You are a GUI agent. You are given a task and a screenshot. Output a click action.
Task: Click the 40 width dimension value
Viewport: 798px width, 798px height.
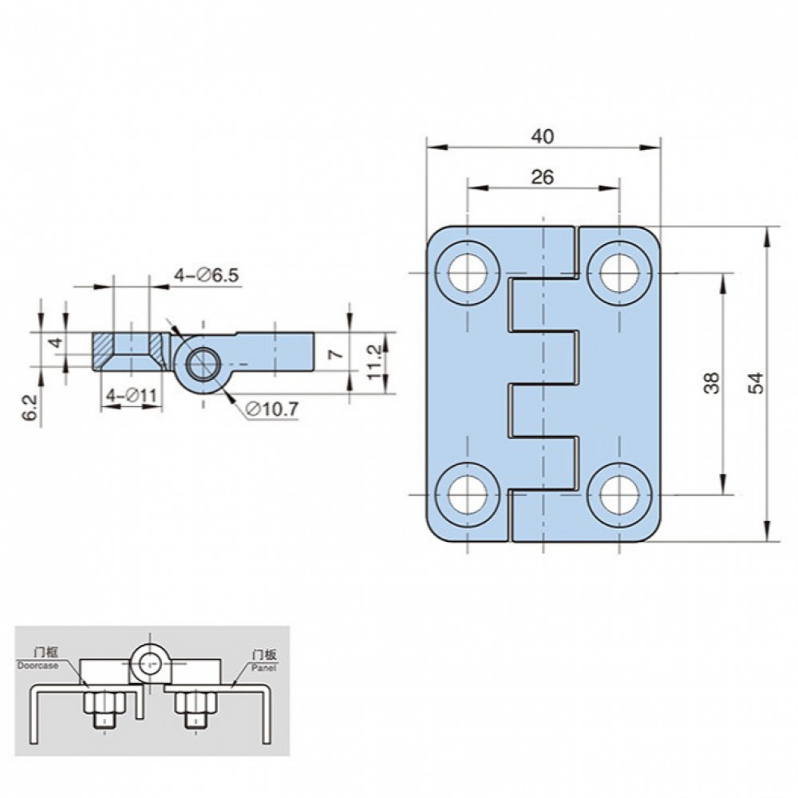coord(542,136)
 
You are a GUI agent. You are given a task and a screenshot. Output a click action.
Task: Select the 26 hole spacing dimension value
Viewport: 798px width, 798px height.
coord(542,177)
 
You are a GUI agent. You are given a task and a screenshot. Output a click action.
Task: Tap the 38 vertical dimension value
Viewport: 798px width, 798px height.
coord(713,383)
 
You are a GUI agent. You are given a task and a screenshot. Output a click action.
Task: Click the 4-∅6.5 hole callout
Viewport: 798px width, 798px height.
coord(206,275)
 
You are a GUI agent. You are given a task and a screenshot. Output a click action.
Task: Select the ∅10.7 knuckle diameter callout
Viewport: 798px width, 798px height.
coord(271,409)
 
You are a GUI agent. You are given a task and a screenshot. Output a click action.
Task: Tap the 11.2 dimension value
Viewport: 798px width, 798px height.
coord(374,361)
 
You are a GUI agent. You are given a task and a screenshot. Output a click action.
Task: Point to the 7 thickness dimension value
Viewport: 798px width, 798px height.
coord(337,354)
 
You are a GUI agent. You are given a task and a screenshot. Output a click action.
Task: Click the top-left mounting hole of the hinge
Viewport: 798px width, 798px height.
coord(467,273)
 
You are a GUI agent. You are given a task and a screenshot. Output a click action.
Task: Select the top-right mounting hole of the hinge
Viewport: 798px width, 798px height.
coord(619,273)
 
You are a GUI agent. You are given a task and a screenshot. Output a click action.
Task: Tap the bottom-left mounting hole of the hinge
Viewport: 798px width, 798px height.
coord(467,494)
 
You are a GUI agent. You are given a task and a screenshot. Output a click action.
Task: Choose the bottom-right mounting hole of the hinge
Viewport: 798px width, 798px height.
coord(619,494)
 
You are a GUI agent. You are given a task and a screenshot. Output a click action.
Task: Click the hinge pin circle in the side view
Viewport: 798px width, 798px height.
coord(203,365)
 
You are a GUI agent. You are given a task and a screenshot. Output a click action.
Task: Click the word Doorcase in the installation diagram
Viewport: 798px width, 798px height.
coord(38,666)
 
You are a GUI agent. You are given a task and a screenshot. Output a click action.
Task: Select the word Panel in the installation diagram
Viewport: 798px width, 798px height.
coord(263,668)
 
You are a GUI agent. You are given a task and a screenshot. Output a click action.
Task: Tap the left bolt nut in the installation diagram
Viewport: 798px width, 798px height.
coord(104,703)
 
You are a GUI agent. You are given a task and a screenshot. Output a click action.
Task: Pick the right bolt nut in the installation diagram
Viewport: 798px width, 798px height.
coord(196,703)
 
